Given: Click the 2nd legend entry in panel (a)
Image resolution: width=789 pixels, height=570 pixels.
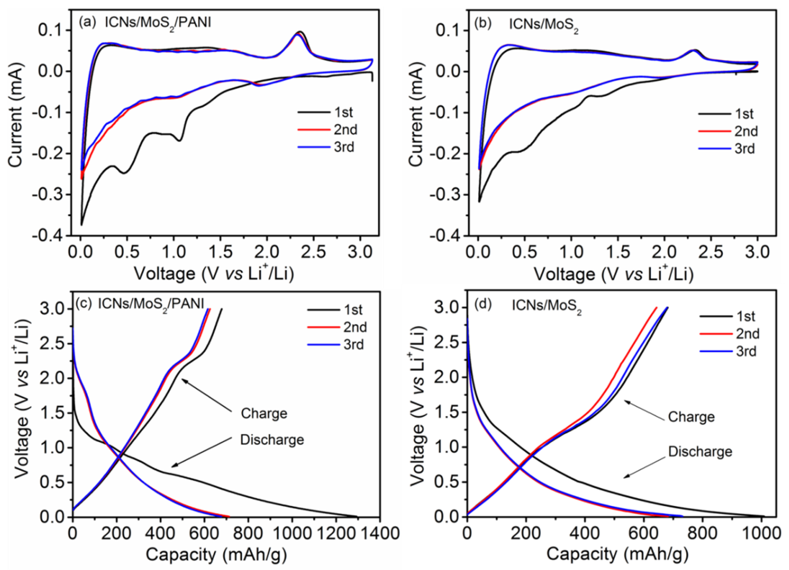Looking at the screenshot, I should [346, 129].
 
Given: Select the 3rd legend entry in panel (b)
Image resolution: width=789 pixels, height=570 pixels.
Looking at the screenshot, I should [745, 149].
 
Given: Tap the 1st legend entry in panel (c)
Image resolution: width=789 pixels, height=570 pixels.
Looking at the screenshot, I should [353, 310].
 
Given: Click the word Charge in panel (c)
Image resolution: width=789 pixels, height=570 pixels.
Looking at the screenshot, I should [264, 414].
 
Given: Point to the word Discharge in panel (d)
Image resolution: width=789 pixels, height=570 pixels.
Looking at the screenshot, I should [700, 451].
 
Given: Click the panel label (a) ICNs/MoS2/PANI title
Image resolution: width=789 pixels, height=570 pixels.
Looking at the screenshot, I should [145, 23].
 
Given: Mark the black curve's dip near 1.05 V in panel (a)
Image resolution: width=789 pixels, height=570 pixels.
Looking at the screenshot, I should [179, 140].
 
